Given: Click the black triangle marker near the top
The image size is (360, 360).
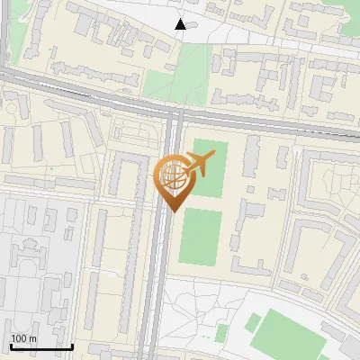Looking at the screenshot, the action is pyautogui.click(x=181, y=24).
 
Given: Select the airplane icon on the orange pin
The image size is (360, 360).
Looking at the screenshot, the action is pyautogui.click(x=198, y=164).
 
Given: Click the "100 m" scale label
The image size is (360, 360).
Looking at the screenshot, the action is pyautogui.click(x=23, y=338).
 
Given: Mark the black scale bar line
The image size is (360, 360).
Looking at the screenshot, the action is pyautogui.click(x=41, y=346).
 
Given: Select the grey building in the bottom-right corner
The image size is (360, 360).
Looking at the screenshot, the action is pyautogui.click(x=346, y=346).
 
